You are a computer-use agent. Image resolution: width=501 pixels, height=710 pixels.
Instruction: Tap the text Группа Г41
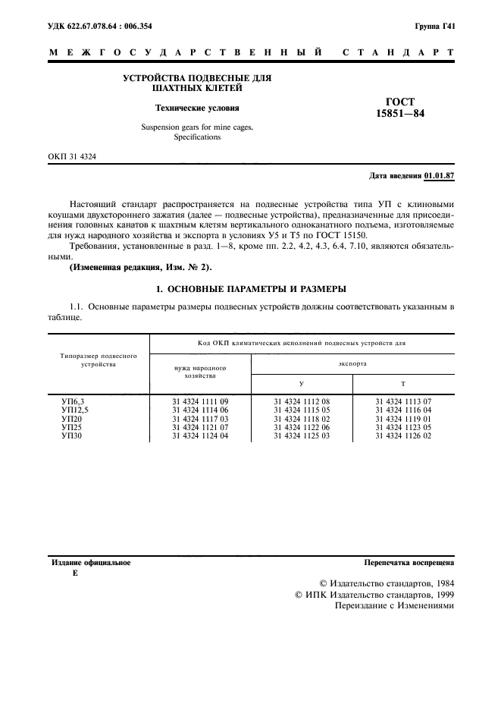click(x=434, y=25)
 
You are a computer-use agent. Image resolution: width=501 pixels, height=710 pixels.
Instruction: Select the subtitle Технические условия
click(x=197, y=108)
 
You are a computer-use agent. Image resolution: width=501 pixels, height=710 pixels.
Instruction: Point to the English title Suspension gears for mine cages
click(x=197, y=127)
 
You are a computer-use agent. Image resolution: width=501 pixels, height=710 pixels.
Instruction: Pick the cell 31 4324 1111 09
click(x=200, y=400)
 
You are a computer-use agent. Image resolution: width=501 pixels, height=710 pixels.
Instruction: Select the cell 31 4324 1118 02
click(x=301, y=417)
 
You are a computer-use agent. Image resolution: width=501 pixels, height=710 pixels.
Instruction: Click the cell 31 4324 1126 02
click(x=403, y=435)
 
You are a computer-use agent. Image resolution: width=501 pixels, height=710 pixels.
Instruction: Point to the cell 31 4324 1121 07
click(x=200, y=426)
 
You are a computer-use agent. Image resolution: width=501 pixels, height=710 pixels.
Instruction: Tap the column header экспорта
click(x=352, y=364)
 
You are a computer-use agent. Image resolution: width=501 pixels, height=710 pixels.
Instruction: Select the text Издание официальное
click(x=91, y=563)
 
